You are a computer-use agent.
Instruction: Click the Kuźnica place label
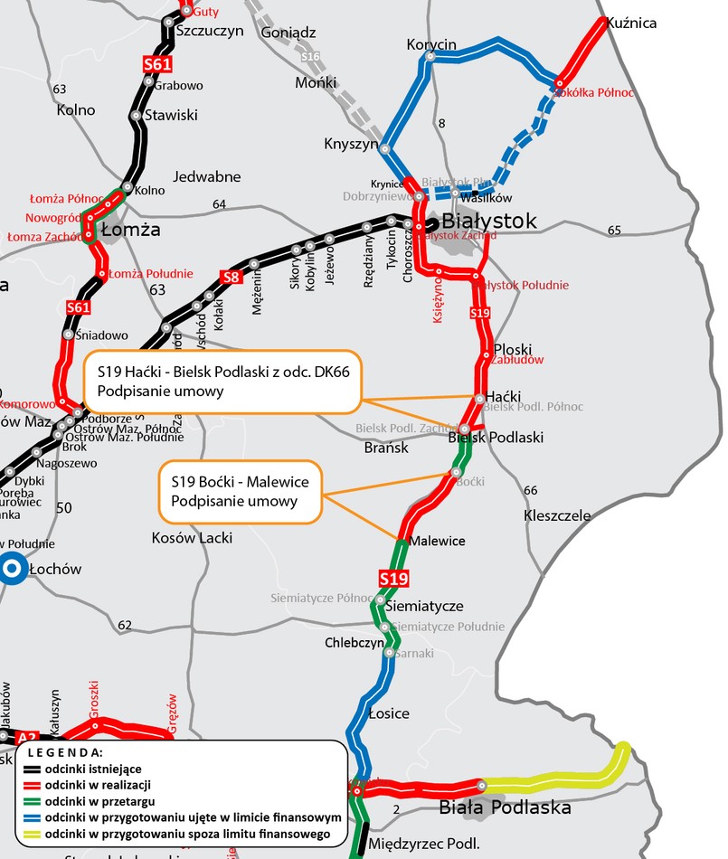click(x=631, y=24)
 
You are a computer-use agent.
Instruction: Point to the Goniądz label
click(x=288, y=33)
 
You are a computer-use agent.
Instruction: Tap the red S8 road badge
click(x=231, y=277)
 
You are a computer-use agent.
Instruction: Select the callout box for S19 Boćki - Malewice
click(x=241, y=492)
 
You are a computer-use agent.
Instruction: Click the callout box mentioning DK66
click(x=222, y=380)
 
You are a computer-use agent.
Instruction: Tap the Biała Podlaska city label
click(x=505, y=807)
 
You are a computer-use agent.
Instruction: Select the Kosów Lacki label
click(x=192, y=538)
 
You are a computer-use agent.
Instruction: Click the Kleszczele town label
click(x=557, y=516)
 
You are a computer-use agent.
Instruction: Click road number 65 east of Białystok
click(x=615, y=231)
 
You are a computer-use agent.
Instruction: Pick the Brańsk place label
click(x=386, y=448)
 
